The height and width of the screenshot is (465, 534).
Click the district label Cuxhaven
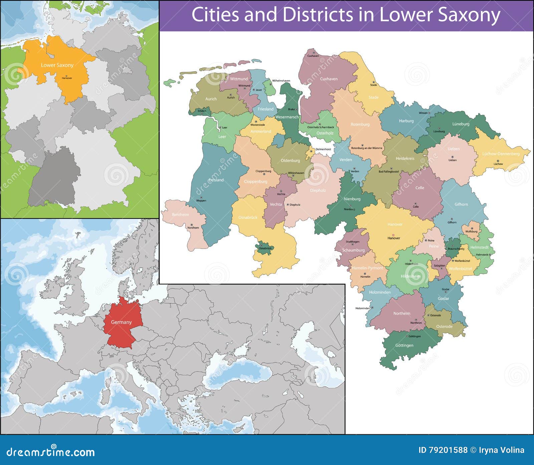[x=328, y=79]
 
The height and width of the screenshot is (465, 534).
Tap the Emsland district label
[x=216, y=180]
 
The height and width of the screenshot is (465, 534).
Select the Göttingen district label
[x=404, y=346]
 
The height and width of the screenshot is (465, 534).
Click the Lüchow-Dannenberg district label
[x=501, y=154]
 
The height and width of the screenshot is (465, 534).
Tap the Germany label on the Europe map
[x=121, y=322]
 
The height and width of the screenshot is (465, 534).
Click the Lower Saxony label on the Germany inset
[x=57, y=65]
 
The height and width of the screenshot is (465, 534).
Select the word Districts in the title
[x=317, y=15]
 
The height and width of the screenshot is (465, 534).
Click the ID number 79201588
[x=449, y=450]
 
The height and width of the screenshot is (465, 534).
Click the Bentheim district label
[x=180, y=215]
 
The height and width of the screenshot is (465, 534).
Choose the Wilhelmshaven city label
[x=281, y=81]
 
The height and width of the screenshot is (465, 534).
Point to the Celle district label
[x=420, y=188]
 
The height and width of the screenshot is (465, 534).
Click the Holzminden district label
[x=379, y=292]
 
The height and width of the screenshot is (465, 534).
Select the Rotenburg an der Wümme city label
[x=366, y=148]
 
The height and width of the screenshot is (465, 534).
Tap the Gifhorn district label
[x=461, y=204]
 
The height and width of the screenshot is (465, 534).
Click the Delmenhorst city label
[x=323, y=149]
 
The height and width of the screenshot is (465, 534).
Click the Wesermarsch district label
[x=287, y=117]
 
